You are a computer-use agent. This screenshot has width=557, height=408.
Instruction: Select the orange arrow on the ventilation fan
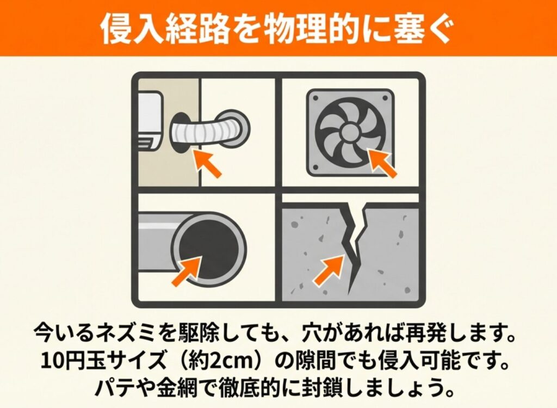click(x=382, y=163)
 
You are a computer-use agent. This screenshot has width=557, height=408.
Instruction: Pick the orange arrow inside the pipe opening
click(x=187, y=271)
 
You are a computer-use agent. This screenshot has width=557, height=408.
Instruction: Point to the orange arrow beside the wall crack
click(x=328, y=270)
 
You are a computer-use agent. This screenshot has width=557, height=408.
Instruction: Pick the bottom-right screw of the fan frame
click(x=386, y=168)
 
